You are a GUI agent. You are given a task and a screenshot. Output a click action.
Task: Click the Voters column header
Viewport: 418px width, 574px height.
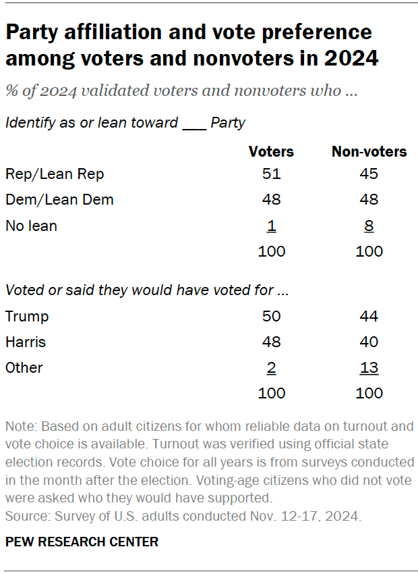tap(272, 151)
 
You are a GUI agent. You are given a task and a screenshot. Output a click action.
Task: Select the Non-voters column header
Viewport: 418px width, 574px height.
tap(369, 151)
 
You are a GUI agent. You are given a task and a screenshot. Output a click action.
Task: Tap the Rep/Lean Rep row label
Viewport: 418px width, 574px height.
tap(55, 174)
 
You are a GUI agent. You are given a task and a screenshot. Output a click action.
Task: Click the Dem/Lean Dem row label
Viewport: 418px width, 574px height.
tap(59, 200)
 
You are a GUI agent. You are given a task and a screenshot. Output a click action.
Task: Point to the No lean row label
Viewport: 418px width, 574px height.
tap(31, 226)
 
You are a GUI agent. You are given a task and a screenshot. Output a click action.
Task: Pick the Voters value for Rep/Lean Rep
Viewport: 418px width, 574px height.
tap(272, 174)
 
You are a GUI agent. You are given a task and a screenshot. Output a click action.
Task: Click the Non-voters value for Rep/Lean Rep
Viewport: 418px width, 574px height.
tap(369, 174)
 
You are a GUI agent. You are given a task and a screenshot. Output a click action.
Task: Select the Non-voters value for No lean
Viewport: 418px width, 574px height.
tap(369, 226)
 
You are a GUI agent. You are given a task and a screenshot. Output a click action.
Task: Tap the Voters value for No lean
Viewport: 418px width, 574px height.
tap(272, 226)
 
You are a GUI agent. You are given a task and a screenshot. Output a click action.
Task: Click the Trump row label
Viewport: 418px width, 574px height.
tap(27, 316)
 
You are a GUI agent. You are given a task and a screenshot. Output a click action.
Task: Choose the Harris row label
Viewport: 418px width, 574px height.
tap(26, 342)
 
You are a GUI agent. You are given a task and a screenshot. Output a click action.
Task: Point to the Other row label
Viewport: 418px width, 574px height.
tap(24, 367)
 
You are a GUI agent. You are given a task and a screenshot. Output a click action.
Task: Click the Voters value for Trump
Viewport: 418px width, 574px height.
tap(272, 316)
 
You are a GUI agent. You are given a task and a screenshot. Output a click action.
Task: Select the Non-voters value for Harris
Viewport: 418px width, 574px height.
tap(369, 342)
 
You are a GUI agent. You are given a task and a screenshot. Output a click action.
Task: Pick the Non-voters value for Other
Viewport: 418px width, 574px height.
tap(369, 367)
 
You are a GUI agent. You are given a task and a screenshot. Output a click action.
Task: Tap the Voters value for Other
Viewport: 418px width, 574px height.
tap(272, 367)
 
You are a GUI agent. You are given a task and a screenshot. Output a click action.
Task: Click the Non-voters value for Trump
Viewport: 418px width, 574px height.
tap(369, 316)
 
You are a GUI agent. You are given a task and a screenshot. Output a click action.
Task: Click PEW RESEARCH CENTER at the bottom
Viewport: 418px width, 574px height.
tap(82, 542)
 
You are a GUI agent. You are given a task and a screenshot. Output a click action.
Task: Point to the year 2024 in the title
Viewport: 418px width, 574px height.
tap(350, 58)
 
